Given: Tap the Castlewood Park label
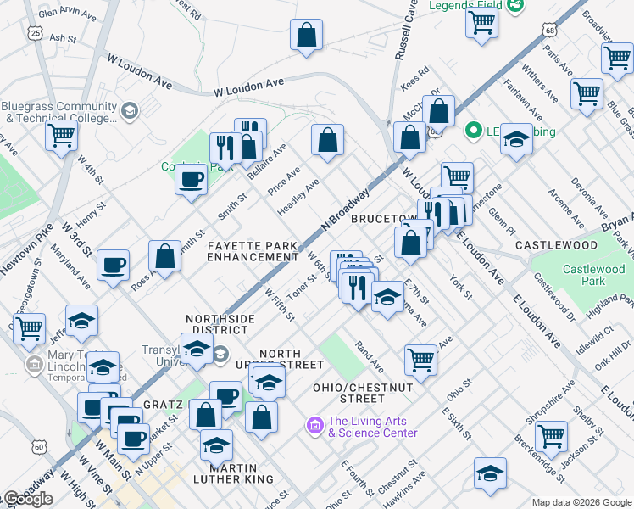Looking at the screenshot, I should pyautogui.click(x=592, y=275).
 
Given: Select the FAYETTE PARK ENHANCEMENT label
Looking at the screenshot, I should pyautogui.click(x=253, y=251).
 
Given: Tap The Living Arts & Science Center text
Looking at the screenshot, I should pyautogui.click(x=373, y=427).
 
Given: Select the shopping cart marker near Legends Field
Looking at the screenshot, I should pyautogui.click(x=481, y=23).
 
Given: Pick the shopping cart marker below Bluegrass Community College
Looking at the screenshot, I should pyautogui.click(x=61, y=134).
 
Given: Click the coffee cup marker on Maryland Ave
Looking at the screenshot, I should pyautogui.click(x=113, y=265).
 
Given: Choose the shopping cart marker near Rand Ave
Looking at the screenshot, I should pyautogui.click(x=420, y=360).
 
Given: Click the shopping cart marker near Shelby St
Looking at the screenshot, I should pyautogui.click(x=552, y=436).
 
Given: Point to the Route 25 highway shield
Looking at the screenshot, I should pyautogui.click(x=34, y=32).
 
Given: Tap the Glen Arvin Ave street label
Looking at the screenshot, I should pyautogui.click(x=68, y=13).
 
